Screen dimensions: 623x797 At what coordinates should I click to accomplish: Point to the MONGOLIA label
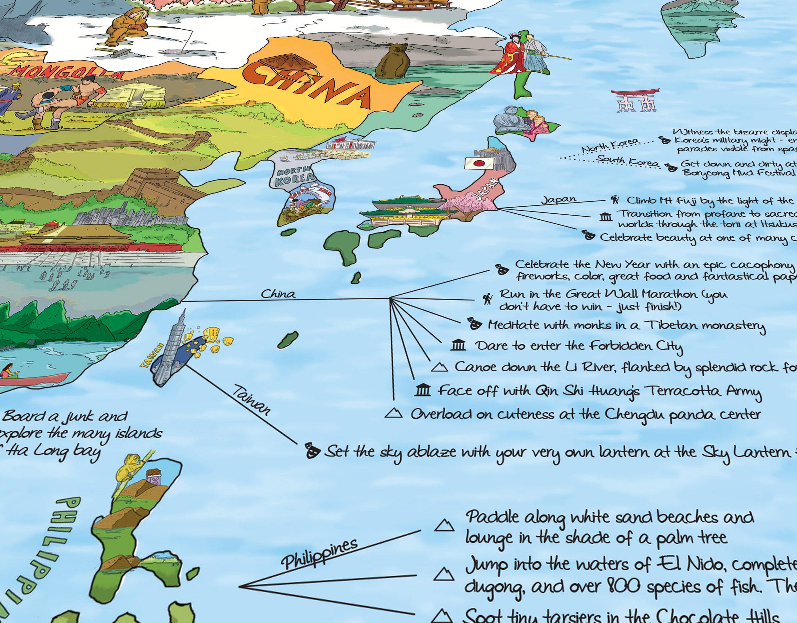coord(66,73)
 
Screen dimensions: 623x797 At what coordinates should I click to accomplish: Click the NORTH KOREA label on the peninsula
coord(294,175)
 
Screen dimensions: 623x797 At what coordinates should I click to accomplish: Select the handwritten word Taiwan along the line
coord(252,400)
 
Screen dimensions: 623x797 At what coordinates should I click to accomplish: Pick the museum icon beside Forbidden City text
coord(458,345)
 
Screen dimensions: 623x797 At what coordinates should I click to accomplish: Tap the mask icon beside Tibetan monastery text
coord(474,324)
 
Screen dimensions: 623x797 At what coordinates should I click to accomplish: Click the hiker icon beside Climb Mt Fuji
coord(615,200)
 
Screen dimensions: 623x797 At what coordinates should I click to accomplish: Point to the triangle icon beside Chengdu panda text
coord(394,413)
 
